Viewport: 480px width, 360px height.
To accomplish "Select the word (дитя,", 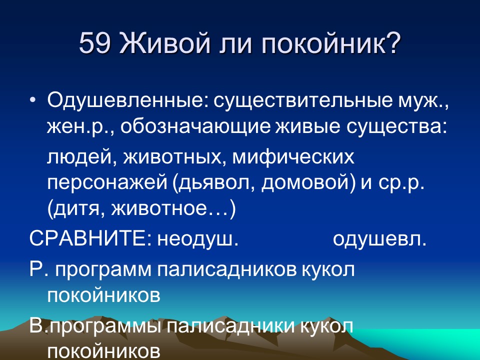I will click(x=75, y=208).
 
